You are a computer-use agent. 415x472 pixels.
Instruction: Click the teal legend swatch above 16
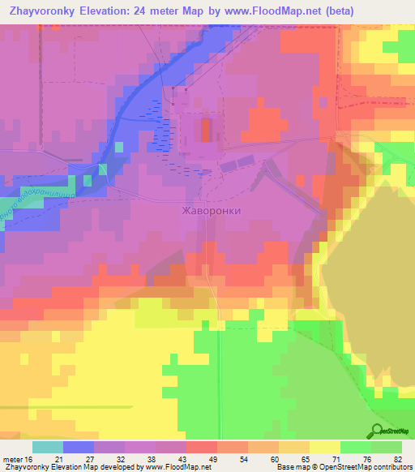(47, 447)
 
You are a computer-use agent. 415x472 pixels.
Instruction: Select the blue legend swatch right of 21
(78, 447)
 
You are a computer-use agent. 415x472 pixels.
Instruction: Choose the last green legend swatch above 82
(387, 447)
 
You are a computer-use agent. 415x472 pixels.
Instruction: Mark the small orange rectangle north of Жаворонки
(204, 131)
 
